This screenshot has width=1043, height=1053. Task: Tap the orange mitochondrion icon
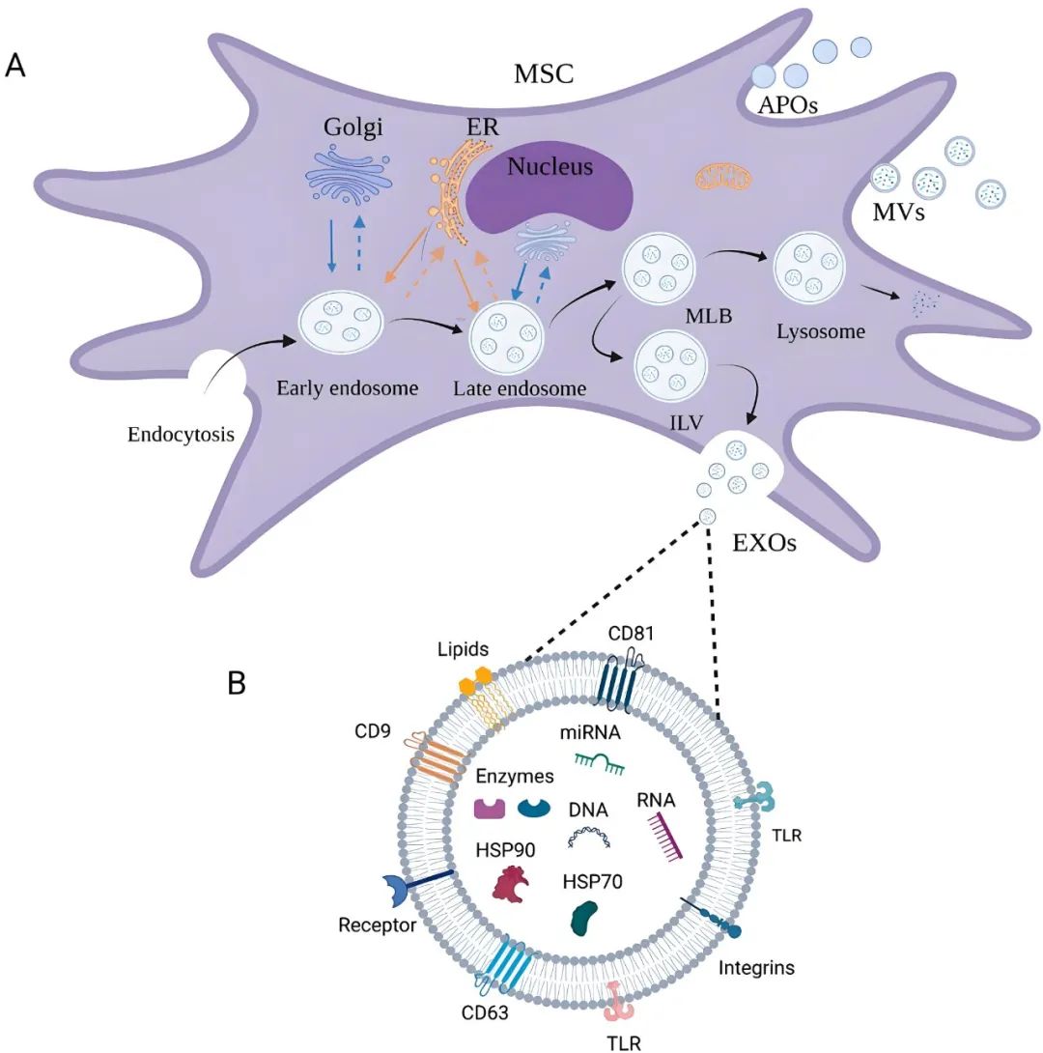pyautogui.click(x=723, y=177)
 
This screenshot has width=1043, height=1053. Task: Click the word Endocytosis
pyautogui.click(x=182, y=434)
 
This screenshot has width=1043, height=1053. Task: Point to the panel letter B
pyautogui.click(x=238, y=682)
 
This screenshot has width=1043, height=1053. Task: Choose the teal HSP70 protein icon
pyautogui.click(x=587, y=917)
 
